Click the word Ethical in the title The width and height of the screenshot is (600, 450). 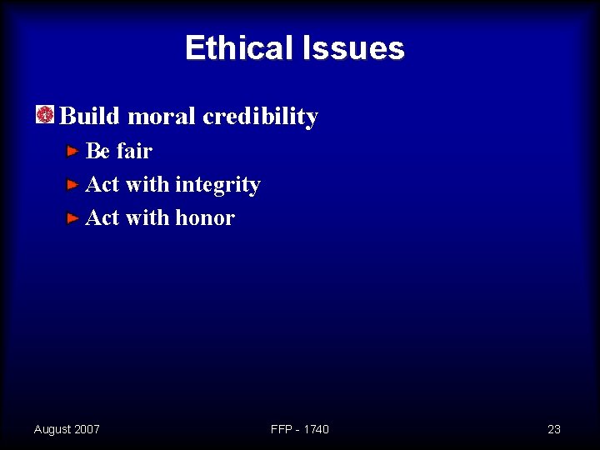click(236, 48)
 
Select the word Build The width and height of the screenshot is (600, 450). click(91, 116)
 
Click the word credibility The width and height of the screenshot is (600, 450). click(261, 116)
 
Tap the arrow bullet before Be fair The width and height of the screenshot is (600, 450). click(73, 152)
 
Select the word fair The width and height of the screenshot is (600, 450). click(134, 151)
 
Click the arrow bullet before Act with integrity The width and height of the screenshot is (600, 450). click(73, 185)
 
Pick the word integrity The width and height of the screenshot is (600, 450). click(217, 184)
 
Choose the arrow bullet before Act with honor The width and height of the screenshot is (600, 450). click(73, 218)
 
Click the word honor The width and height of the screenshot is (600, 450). click(205, 217)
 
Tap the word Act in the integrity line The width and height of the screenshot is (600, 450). click(102, 184)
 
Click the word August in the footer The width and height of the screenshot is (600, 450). click(52, 429)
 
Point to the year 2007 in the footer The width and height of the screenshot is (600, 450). click(87, 429)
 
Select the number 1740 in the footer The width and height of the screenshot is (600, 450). click(316, 429)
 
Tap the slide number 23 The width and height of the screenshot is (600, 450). click(554, 429)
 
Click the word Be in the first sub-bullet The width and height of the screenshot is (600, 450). click(98, 151)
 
